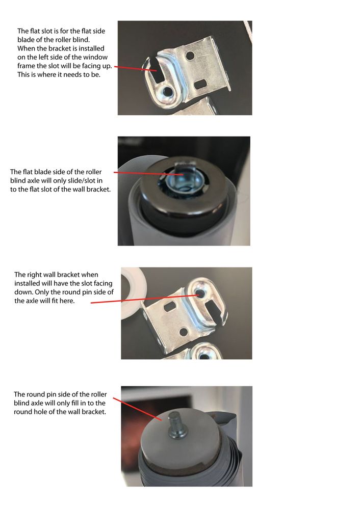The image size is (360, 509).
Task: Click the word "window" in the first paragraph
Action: pos(96,57)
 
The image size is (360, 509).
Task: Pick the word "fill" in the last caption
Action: pos(75,403)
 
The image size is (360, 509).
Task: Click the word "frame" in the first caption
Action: pos(26,66)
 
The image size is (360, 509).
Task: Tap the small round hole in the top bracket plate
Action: pos(190,56)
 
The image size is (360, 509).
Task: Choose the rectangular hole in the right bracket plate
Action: pos(169,306)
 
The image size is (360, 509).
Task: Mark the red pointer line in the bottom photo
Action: pos(137,409)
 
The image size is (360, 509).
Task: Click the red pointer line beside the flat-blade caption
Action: pos(148,173)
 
